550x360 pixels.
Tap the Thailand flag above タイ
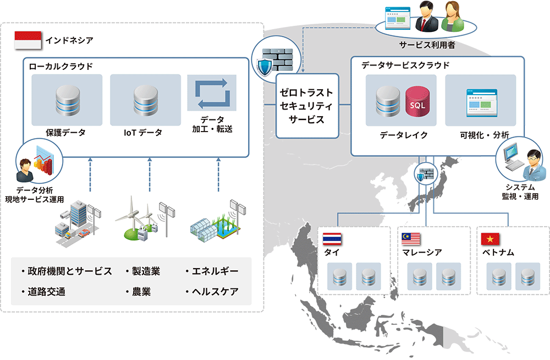[332, 239]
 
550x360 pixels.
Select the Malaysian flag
[411, 239]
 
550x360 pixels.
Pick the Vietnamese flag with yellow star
[490, 239]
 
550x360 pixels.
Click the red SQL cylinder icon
[416, 101]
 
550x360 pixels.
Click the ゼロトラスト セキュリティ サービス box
[307, 105]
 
